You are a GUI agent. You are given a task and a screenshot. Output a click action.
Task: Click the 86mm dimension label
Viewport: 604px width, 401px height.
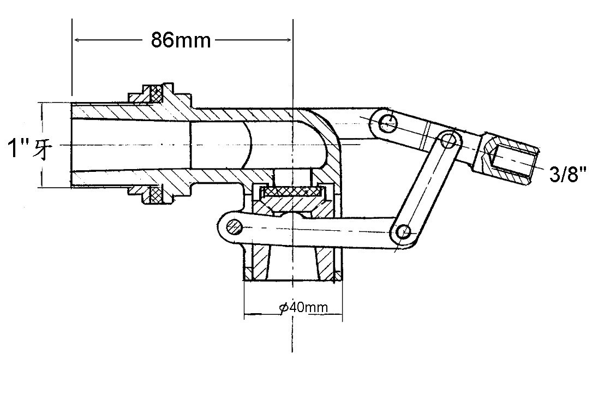pyautogui.click(x=181, y=40)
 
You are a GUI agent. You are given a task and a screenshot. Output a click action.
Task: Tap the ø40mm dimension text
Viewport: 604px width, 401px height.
pyautogui.click(x=303, y=308)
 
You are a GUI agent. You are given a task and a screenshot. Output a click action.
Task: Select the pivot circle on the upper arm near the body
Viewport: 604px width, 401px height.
pyautogui.click(x=387, y=121)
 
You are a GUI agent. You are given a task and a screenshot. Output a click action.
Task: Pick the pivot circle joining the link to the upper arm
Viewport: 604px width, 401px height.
pyautogui.click(x=448, y=140)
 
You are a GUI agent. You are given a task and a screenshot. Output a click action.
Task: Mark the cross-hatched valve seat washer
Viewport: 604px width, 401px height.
pyautogui.click(x=292, y=191)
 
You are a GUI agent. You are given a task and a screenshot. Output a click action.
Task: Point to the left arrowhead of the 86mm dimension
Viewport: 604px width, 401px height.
pyautogui.click(x=77, y=40)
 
